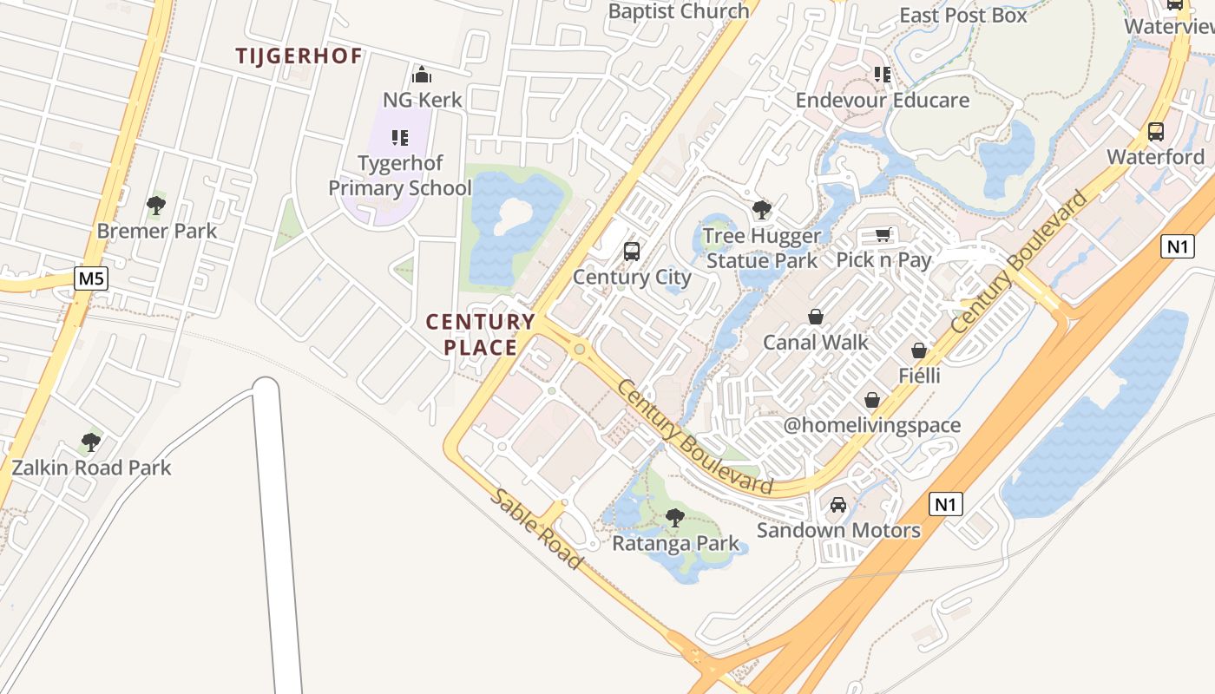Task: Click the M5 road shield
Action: pyautogui.click(x=89, y=278)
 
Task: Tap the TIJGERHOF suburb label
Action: pyautogui.click(x=299, y=56)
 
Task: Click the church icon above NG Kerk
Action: pyautogui.click(x=422, y=75)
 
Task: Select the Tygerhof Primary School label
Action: pyautogui.click(x=400, y=175)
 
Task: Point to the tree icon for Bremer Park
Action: pyautogui.click(x=156, y=206)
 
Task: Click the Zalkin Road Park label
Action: pyautogui.click(x=91, y=468)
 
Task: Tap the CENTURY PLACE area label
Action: pyautogui.click(x=481, y=335)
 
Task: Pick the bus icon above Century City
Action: pyautogui.click(x=632, y=252)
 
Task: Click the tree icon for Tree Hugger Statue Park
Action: pyautogui.click(x=762, y=209)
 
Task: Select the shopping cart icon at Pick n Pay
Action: pyautogui.click(x=883, y=234)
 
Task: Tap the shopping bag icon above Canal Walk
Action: pyautogui.click(x=816, y=317)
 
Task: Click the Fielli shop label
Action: pyautogui.click(x=919, y=376)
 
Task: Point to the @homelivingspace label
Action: pyautogui.click(x=872, y=425)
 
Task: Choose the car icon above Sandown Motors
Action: pyautogui.click(x=838, y=504)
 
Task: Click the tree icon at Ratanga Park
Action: pyautogui.click(x=674, y=518)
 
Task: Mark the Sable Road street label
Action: pyautogui.click(x=536, y=528)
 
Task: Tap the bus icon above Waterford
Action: pyautogui.click(x=1156, y=132)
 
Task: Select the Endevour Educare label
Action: pyautogui.click(x=883, y=100)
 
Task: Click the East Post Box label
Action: pyautogui.click(x=962, y=15)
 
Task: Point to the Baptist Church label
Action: pyautogui.click(x=678, y=11)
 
